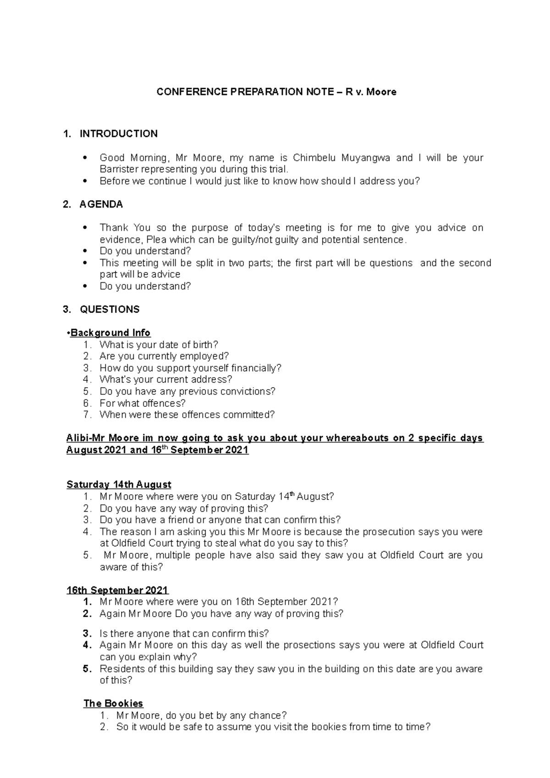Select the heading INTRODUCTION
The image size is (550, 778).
coord(118,134)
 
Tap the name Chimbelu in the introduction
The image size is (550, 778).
coord(315,158)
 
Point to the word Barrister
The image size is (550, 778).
coord(119,170)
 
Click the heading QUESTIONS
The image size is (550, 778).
coord(110,310)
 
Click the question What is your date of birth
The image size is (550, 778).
coord(159,345)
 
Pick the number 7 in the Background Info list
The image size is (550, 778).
coord(88,415)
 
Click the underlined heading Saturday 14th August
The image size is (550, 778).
coord(119,485)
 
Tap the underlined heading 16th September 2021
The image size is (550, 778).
coord(117,590)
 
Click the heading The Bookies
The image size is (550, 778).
coord(113,704)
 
